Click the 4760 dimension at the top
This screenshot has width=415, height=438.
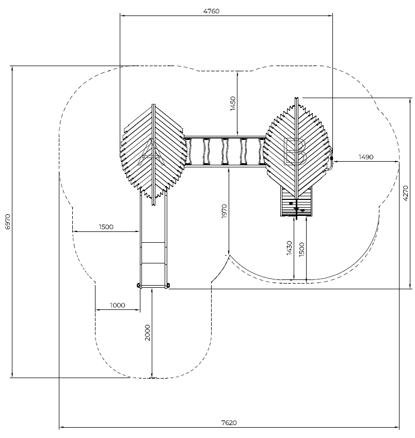(211, 11)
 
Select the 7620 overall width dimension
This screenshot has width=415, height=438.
(229, 423)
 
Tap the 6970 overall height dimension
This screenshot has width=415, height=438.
(7, 221)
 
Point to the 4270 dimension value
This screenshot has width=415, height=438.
(406, 193)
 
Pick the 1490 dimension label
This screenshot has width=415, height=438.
(365, 157)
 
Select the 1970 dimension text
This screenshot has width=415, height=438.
(224, 211)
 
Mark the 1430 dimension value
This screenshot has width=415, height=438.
(290, 248)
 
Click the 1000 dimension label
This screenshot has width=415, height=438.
(118, 305)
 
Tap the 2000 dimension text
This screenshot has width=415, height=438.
(148, 332)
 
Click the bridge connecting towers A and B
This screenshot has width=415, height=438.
(225, 152)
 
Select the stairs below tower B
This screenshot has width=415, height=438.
(296, 202)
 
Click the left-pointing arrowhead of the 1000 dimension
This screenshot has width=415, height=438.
(97, 310)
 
